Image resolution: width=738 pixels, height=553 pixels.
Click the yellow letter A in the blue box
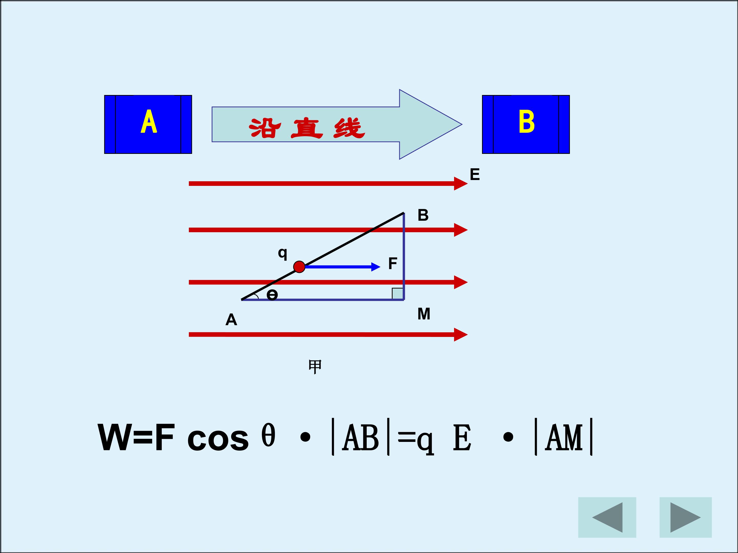pyautogui.click(x=149, y=121)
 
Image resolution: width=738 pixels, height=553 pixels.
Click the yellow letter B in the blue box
pyautogui.click(x=527, y=122)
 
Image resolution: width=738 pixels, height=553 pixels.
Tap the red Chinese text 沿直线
pyautogui.click(x=307, y=128)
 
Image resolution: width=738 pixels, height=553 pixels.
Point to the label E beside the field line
pyautogui.click(x=475, y=174)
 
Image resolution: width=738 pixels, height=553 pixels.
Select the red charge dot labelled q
pyautogui.click(x=299, y=267)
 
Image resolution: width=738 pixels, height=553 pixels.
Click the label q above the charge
pyautogui.click(x=283, y=253)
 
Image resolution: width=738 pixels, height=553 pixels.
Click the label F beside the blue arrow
pyautogui.click(x=393, y=263)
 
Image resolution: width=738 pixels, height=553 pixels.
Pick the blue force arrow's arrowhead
pyautogui.click(x=376, y=267)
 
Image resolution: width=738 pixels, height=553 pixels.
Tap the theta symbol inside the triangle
pyautogui.click(x=272, y=295)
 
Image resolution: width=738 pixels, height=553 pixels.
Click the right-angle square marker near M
pyautogui.click(x=397, y=293)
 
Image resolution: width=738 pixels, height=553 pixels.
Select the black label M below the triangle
pyautogui.click(x=424, y=314)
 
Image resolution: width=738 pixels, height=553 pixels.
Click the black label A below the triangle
pyautogui.click(x=231, y=320)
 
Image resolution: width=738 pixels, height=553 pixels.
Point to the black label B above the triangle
pyautogui.click(x=423, y=215)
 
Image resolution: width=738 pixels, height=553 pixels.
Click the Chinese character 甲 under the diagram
pyautogui.click(x=315, y=366)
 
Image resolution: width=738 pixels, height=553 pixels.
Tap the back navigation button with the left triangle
pyautogui.click(x=607, y=517)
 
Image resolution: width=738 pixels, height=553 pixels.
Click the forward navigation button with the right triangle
pyautogui.click(x=686, y=517)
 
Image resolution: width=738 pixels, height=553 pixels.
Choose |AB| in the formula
pyautogui.click(x=361, y=437)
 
